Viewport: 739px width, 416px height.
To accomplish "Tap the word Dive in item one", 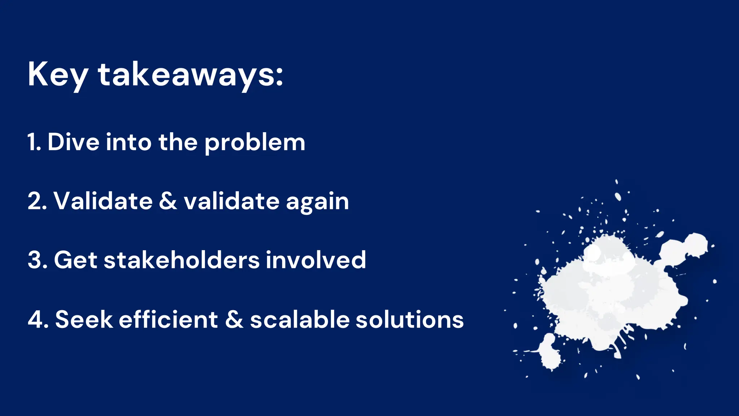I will pyautogui.click(x=73, y=142).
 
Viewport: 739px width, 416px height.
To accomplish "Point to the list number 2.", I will pyautogui.click(x=36, y=201).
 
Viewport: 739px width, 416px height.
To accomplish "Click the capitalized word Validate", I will pyautogui.click(x=103, y=201).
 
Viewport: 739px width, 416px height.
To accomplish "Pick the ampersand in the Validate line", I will pyautogui.click(x=168, y=201).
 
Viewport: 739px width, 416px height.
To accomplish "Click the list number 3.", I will pyautogui.click(x=36, y=260).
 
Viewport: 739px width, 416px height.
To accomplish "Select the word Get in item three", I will pyautogui.click(x=75, y=260).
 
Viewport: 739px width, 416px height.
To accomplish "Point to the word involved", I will pyautogui.click(x=316, y=260).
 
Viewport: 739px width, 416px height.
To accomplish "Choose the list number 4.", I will pyautogui.click(x=37, y=320).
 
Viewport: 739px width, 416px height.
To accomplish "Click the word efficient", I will pyautogui.click(x=168, y=320).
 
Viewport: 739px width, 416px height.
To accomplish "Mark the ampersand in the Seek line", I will pyautogui.click(x=234, y=320).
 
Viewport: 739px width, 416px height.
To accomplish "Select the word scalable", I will pyautogui.click(x=300, y=320).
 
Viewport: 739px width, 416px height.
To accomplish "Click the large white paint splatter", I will pyautogui.click(x=610, y=292).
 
